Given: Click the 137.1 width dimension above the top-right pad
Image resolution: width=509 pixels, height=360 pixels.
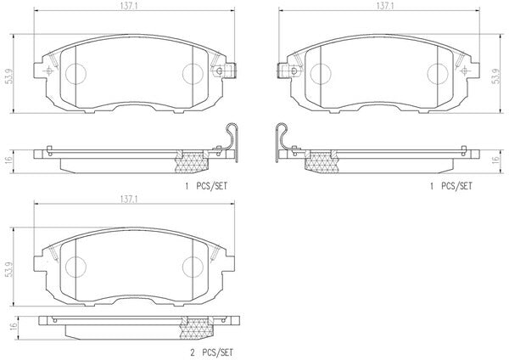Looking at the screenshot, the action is click(385, 6).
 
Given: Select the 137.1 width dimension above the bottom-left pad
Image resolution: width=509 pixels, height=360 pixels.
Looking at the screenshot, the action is click(129, 200).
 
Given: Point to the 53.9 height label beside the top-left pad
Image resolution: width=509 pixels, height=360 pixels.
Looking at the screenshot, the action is click(8, 76).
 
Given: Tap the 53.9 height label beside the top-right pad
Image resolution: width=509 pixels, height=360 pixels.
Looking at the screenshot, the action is click(495, 76).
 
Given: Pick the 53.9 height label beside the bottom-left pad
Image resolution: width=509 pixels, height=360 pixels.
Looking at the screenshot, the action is click(8, 268).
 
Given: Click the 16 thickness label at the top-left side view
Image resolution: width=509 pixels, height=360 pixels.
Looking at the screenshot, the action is click(8, 160).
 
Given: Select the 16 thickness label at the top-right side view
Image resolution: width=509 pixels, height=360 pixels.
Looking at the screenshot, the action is click(495, 160).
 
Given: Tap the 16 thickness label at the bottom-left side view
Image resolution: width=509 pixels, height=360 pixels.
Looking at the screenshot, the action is click(12, 325).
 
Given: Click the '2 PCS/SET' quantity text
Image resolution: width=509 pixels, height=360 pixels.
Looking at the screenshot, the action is click(211, 352).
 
